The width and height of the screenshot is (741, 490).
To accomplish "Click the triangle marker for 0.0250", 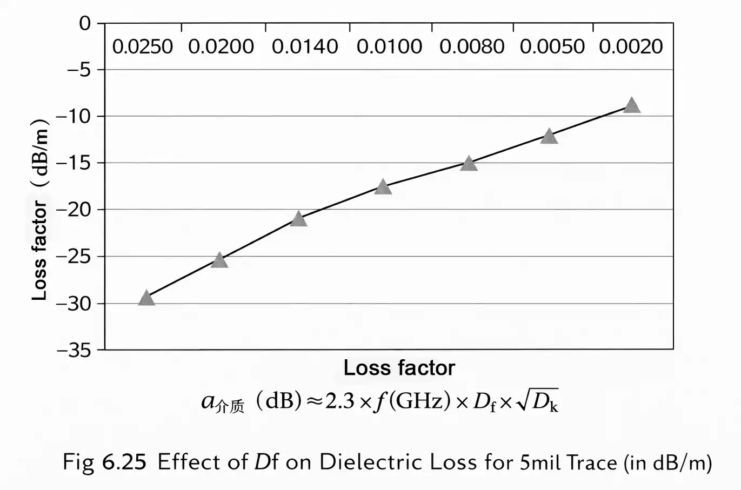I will [x=146, y=299].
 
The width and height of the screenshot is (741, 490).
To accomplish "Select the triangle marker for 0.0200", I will [x=219, y=261].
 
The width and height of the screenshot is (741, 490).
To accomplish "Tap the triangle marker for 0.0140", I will [x=298, y=219].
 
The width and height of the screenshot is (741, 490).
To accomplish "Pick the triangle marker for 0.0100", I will [x=383, y=187].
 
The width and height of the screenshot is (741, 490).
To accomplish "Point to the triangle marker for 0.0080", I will [x=469, y=164].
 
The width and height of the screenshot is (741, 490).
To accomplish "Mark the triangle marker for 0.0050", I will [x=549, y=137].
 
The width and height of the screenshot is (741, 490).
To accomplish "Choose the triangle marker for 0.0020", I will [x=631, y=106].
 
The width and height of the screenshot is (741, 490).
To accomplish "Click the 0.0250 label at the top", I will [x=143, y=47].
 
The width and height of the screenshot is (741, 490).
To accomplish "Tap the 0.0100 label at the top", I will [x=389, y=47].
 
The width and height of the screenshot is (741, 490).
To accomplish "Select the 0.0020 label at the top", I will [x=631, y=47].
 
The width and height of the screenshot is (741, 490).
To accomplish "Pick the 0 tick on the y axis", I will [x=85, y=23].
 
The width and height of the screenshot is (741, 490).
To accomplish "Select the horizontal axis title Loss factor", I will [x=399, y=368].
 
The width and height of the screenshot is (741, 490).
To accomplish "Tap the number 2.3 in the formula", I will [x=339, y=401].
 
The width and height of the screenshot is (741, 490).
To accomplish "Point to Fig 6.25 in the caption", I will [x=104, y=462].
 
